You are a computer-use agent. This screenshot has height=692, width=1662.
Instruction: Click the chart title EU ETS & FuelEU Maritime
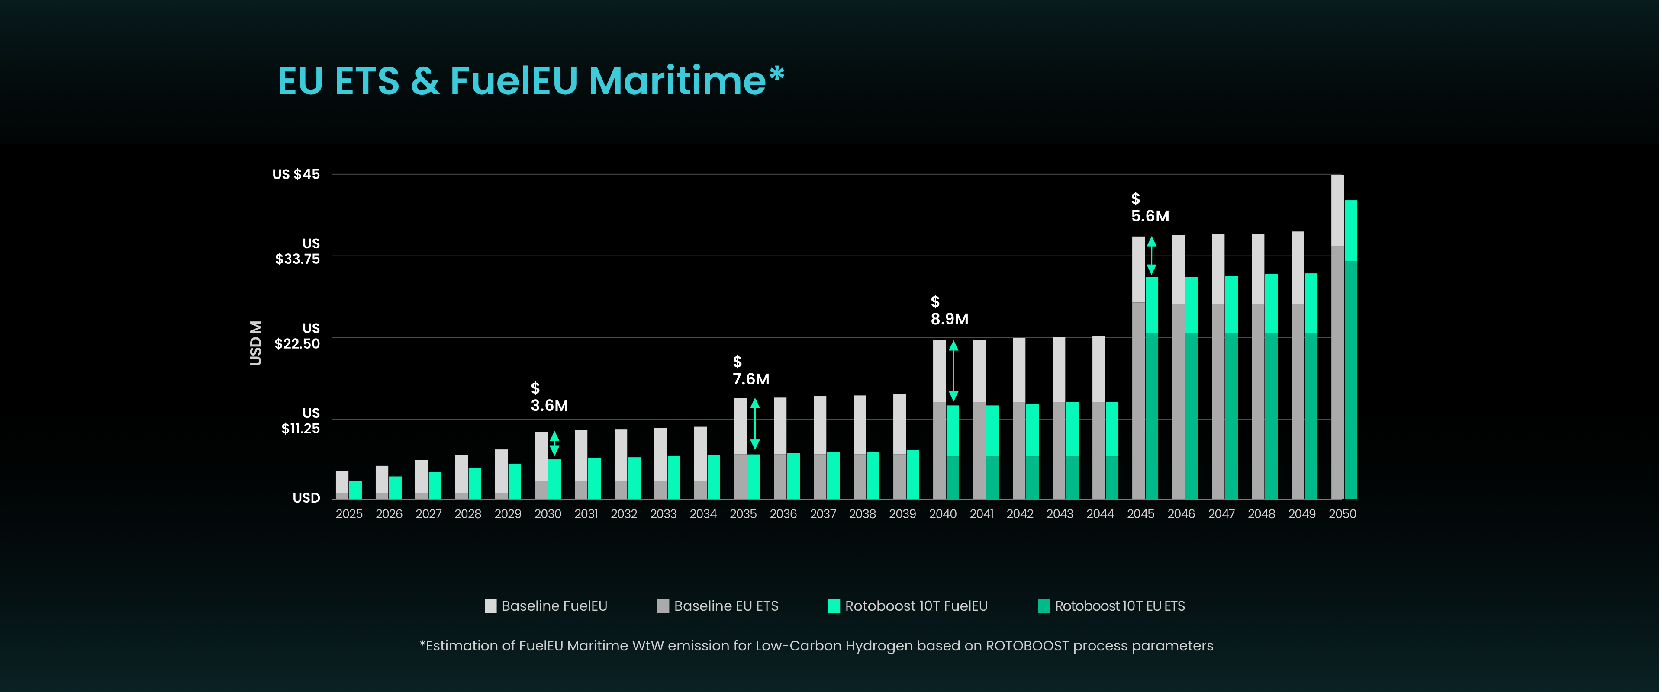coord(530,81)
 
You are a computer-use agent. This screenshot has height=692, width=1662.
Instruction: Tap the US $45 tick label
coord(296,174)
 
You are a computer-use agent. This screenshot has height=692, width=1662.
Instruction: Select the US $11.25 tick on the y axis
coord(301,420)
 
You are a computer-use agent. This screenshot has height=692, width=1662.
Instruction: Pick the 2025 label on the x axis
coord(349,514)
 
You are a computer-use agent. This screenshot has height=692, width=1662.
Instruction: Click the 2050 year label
coord(1342,514)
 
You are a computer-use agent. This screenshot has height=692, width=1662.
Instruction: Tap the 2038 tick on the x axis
coord(862,514)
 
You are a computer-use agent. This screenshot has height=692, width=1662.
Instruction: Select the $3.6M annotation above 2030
coord(549,397)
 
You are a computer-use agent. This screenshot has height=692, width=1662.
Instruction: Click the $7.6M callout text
coord(750,371)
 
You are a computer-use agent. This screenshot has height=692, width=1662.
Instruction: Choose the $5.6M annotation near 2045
coord(1150,208)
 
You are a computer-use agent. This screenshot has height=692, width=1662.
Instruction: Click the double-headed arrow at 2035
coord(755,424)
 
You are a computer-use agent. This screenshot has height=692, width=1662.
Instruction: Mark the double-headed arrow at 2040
coord(953,371)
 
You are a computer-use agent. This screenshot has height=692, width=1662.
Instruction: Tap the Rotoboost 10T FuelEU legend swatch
coord(834,606)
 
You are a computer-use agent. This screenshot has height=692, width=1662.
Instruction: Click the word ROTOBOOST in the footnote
coord(1027,646)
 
